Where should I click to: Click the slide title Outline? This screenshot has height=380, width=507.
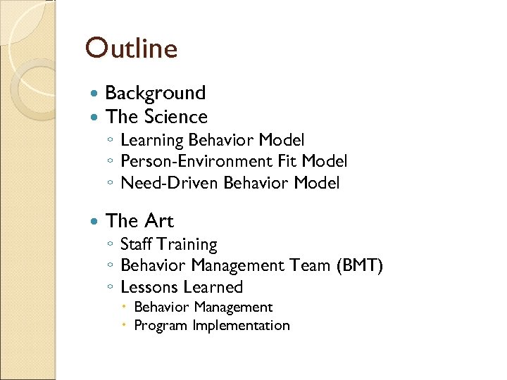131,49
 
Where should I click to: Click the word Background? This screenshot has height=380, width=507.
155,93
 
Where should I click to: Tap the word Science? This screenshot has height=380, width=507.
176,117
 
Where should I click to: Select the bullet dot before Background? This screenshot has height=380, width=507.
95,94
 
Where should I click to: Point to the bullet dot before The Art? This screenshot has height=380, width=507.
95,222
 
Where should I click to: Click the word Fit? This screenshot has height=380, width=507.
287,162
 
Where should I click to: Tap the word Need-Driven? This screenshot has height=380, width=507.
169,184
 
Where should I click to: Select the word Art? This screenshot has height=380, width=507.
158,221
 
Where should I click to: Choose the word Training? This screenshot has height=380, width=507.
187,245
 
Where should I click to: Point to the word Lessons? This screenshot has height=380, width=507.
149,287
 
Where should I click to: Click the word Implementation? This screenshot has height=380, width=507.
241,326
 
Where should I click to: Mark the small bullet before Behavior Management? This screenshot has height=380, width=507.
124,308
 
